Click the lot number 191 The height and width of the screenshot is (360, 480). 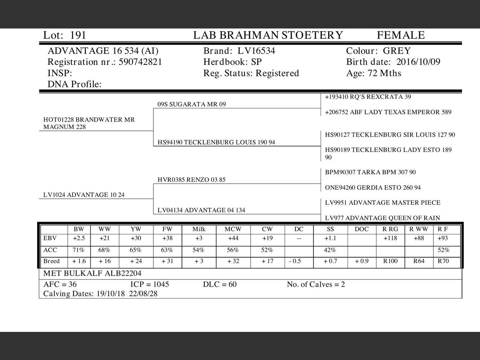[x=78, y=35]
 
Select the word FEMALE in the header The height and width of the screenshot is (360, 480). [x=400, y=35]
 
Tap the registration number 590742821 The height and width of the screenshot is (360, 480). [x=140, y=62]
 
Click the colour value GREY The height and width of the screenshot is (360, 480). [x=397, y=51]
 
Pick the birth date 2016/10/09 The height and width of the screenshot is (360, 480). [x=418, y=62]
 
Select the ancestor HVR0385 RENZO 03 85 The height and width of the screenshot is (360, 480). [x=192, y=180]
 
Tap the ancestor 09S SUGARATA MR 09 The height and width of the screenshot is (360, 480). [x=192, y=104]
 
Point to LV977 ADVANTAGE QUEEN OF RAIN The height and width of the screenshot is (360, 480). [x=382, y=218]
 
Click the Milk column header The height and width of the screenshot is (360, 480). [x=199, y=229]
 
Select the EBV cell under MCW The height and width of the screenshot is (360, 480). [x=233, y=238]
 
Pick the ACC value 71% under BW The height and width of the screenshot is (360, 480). [x=79, y=250]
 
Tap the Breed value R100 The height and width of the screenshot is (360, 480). [x=390, y=261]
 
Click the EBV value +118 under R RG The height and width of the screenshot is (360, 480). [x=390, y=238]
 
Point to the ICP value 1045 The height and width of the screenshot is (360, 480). [x=159, y=284]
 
